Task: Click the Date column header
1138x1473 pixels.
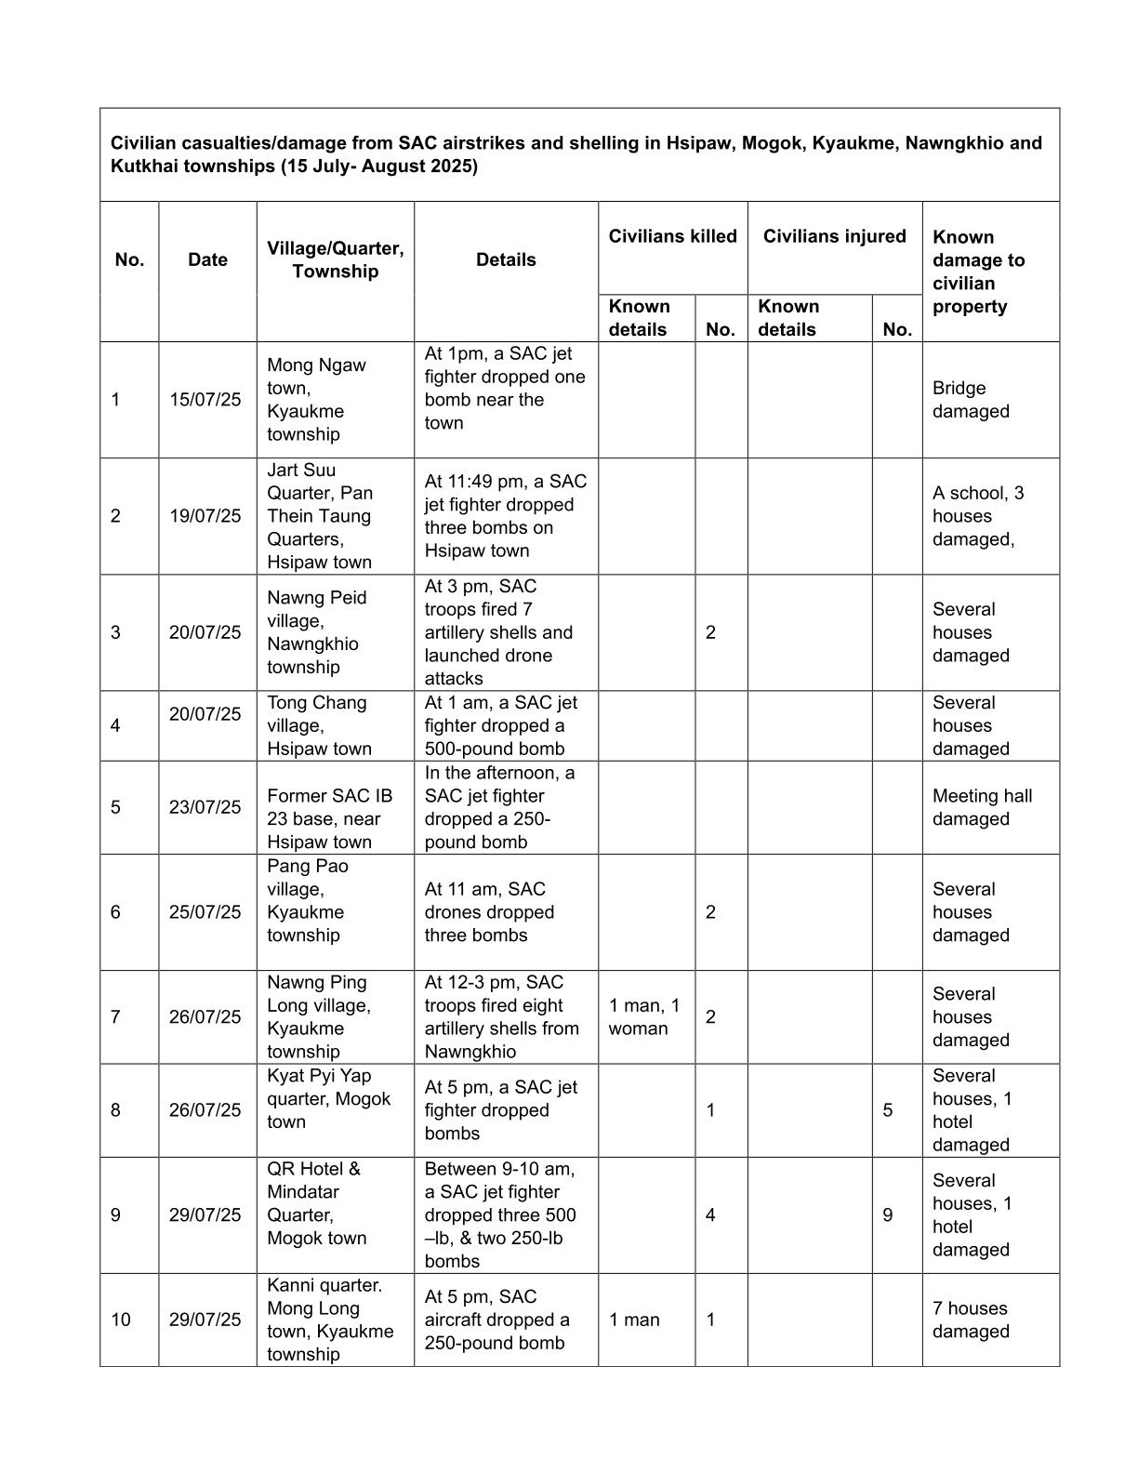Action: (x=207, y=260)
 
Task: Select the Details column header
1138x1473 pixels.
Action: (x=506, y=260)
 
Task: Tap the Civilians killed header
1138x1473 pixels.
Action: (x=672, y=236)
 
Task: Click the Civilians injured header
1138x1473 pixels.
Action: (x=834, y=236)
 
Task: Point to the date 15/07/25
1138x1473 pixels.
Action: (x=205, y=400)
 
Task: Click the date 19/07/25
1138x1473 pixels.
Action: (x=205, y=516)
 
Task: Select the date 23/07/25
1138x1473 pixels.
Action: (x=205, y=807)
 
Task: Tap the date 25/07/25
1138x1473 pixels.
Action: (x=205, y=912)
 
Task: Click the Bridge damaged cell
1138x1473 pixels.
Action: (x=971, y=400)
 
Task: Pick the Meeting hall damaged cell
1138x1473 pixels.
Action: (x=982, y=807)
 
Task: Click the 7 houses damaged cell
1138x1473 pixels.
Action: (x=970, y=1320)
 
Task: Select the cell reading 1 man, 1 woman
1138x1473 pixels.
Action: (x=644, y=1017)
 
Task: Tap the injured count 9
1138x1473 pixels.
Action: (x=888, y=1215)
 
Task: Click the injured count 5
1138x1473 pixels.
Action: (x=888, y=1110)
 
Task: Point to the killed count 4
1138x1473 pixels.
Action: (x=710, y=1215)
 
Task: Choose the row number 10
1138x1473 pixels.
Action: (x=121, y=1320)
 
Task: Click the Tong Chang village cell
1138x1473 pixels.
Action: (x=319, y=725)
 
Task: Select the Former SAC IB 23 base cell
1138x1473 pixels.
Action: (x=329, y=818)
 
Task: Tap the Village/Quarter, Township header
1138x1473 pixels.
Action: (x=335, y=260)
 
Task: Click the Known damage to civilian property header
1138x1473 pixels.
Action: (x=978, y=272)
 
